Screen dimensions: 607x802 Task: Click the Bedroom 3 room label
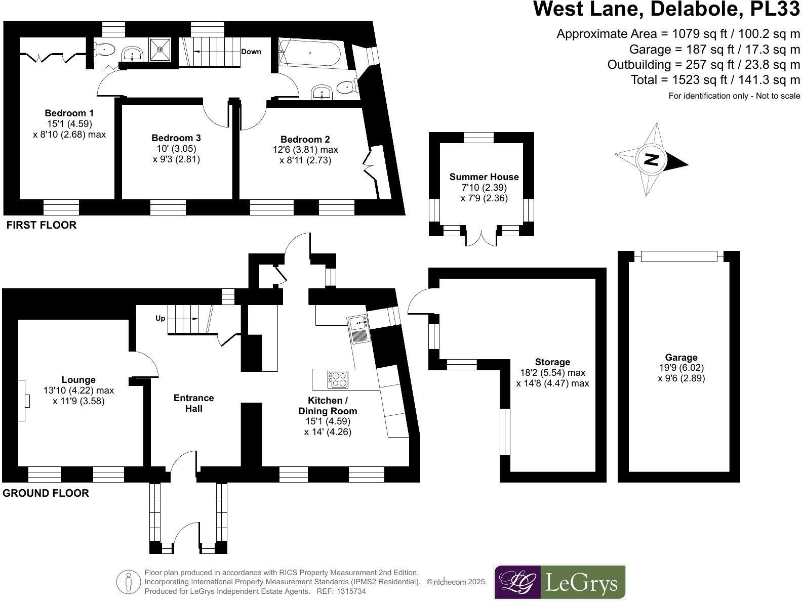pos(176,138)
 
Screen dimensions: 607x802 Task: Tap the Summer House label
pos(484,177)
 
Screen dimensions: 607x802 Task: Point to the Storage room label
pos(552,362)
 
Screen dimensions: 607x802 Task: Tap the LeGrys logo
pos(559,582)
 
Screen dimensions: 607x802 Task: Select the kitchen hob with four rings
pos(338,379)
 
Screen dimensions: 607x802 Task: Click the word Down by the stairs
pos(251,52)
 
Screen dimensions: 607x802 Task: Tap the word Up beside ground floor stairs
pos(160,319)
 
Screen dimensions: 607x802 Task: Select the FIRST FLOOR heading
pos(41,225)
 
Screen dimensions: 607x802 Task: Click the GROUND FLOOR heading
pos(46,493)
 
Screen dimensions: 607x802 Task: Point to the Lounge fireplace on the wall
pos(23,400)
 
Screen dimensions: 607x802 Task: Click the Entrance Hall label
pos(193,403)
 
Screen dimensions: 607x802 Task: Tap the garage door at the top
pos(679,256)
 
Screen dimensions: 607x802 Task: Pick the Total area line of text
pos(715,79)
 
